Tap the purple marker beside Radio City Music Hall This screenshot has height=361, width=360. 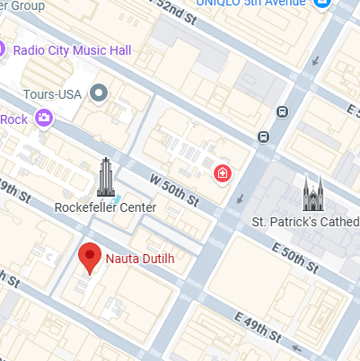click(x=4, y=48)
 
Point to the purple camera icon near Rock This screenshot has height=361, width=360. click(x=43, y=117)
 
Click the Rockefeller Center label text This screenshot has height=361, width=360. click(x=105, y=207)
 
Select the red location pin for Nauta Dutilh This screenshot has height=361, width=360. click(x=89, y=257)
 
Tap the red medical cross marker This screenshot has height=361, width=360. click(x=221, y=172)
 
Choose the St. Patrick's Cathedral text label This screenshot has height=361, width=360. click(x=305, y=222)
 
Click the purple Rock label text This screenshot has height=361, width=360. click(x=13, y=119)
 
